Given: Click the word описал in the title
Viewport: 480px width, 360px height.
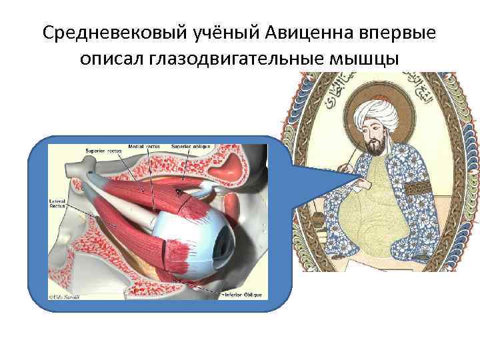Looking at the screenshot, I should tap(113, 59).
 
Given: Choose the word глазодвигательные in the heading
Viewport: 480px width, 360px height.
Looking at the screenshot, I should tap(237, 59).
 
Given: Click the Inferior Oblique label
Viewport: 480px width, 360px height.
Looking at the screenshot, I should tap(245, 294).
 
